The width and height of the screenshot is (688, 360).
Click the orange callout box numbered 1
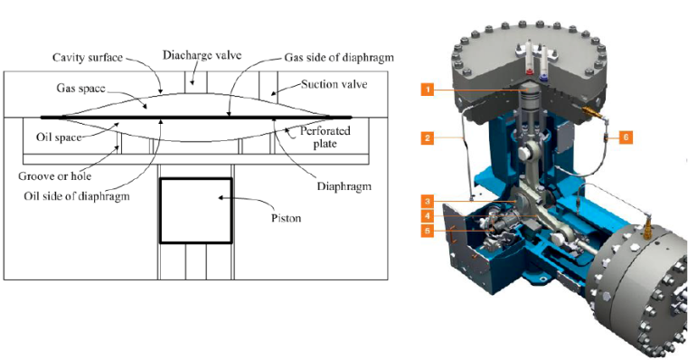pyautogui.click(x=428, y=90)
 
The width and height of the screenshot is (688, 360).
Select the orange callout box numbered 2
pyautogui.click(x=428, y=137)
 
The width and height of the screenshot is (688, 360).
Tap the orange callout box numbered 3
pyautogui.click(x=428, y=202)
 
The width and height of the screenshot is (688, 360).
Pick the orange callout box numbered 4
pyautogui.click(x=428, y=216)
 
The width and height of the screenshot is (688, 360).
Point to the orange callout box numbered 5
pyautogui.click(x=428, y=231)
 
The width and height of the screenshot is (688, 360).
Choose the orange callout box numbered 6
pyautogui.click(x=626, y=137)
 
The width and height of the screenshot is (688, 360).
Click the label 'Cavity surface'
pyautogui.click(x=88, y=58)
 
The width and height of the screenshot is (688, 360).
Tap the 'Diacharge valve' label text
pyautogui.click(x=202, y=55)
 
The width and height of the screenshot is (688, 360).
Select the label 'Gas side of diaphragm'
pyautogui.click(x=339, y=58)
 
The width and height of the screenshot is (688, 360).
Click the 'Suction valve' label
pyautogui.click(x=334, y=84)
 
